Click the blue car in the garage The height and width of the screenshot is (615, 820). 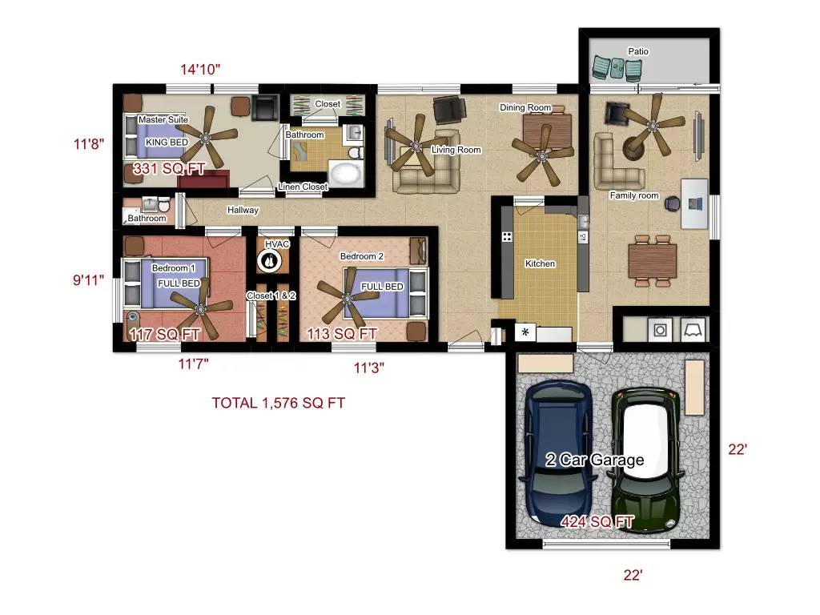[558, 454]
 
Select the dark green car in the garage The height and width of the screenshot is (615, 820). [647, 460]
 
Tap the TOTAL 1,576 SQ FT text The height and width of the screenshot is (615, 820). [278, 404]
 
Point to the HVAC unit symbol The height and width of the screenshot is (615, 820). [270, 260]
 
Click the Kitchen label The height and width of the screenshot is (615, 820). [540, 263]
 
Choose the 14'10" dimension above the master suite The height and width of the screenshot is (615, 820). [200, 70]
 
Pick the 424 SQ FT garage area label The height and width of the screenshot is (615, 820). [597, 522]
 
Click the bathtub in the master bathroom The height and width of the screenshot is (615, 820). [346, 173]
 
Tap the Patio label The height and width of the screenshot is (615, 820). [638, 51]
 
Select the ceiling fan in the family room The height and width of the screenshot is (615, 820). [652, 126]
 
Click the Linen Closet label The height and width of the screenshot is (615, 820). [303, 187]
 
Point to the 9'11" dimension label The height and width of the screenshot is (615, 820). [88, 280]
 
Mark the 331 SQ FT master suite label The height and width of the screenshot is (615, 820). [169, 169]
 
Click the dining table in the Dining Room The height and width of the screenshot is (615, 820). [547, 131]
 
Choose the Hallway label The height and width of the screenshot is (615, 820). [243, 211]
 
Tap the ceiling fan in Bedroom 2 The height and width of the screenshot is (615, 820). [348, 299]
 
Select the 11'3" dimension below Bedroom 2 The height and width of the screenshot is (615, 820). [368, 368]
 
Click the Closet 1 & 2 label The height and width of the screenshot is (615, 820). [271, 295]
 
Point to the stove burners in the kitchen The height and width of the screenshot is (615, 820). [507, 237]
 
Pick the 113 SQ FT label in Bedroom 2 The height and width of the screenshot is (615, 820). [342, 334]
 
